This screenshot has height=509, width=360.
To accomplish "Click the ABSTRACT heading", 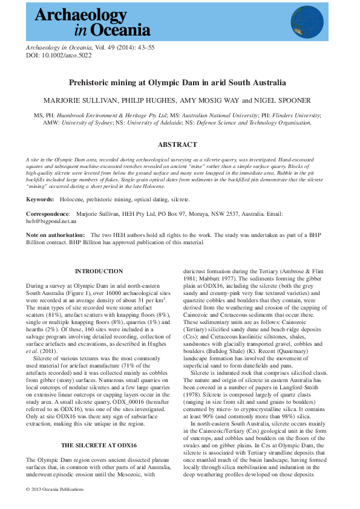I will point(177,144).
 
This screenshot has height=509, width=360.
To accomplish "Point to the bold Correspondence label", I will point(48,214).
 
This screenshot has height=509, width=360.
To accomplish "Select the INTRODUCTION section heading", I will point(99,271).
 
